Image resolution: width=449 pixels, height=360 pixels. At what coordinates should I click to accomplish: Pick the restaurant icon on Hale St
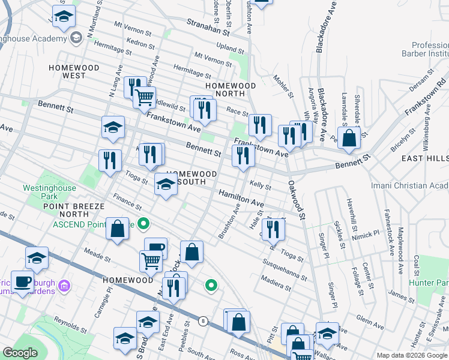273,228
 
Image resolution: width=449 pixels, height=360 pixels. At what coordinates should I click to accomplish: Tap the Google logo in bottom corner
20,353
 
